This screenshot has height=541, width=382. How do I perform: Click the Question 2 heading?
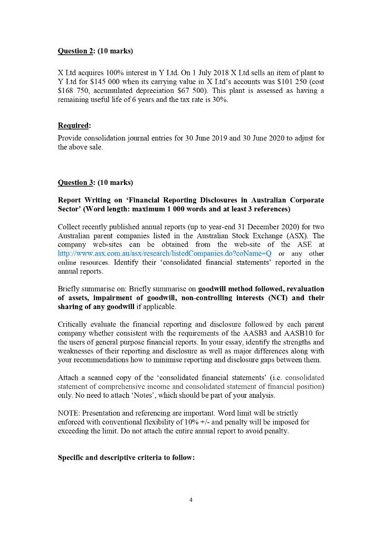(x=95, y=51)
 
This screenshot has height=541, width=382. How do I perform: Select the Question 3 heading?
(x=95, y=183)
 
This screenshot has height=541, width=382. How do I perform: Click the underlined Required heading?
(x=74, y=126)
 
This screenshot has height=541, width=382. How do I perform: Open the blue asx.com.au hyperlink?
(x=164, y=254)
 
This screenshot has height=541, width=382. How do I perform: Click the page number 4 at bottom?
(x=191, y=499)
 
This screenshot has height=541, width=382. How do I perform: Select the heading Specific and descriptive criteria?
(x=126, y=458)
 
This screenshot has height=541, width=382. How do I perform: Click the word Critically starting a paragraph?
(x=73, y=324)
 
